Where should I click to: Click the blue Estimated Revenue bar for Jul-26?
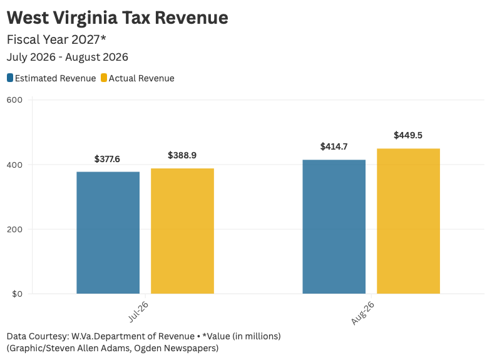tap(108, 233)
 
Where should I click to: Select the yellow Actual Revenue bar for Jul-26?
tap(182, 231)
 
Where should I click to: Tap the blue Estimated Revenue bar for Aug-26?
tap(334, 227)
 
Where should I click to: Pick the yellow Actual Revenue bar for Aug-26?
tap(408, 221)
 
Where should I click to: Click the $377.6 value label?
tap(107, 159)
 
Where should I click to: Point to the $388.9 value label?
tap(182, 155)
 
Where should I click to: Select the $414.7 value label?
tap(334, 147)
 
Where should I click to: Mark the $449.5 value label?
tap(408, 135)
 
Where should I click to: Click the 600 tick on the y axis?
tap(14, 100)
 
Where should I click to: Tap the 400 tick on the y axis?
tap(14, 165)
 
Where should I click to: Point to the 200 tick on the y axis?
tap(14, 229)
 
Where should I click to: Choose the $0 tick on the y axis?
tap(17, 294)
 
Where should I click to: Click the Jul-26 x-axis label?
tap(138, 312)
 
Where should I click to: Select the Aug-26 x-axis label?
tap(362, 313)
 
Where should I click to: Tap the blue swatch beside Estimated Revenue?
tap(10, 78)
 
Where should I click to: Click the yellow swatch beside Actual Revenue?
tap(104, 78)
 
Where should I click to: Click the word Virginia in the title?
tap(85, 18)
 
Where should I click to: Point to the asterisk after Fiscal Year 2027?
tap(103, 38)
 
